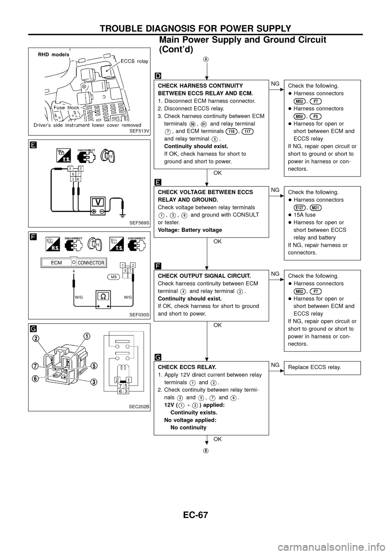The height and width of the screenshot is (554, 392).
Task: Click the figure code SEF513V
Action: pos(139,131)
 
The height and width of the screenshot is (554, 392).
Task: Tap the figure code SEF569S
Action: pos(139,222)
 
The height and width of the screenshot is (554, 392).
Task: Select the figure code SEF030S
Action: pos(139,314)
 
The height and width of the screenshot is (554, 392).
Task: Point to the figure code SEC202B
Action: pos(139,406)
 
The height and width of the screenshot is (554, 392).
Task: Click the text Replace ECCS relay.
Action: pos(314,367)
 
